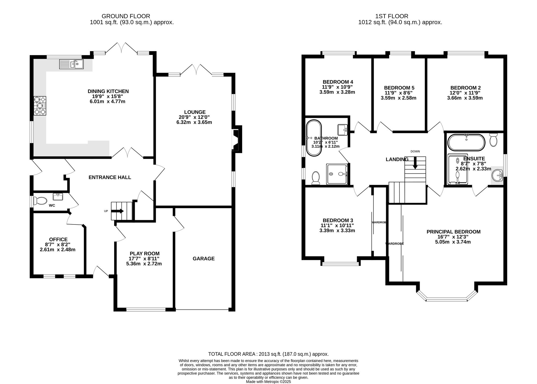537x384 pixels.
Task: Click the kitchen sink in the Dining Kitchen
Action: (71, 64)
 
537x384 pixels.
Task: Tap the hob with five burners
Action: (40, 106)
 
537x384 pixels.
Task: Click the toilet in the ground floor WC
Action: (41, 200)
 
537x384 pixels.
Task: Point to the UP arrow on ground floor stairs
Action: (118, 211)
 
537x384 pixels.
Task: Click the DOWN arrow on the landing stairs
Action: (415, 163)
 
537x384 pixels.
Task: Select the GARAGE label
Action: (204, 259)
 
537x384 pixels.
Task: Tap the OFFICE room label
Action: (58, 239)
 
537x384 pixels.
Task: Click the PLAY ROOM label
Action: (144, 253)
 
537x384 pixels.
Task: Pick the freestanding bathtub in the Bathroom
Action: (314, 138)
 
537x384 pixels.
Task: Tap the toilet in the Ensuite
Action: (493, 140)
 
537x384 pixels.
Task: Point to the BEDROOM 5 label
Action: (399, 88)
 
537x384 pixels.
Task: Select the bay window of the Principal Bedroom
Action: (447, 298)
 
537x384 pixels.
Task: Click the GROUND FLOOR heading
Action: (126, 16)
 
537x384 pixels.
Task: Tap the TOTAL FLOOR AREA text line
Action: (268, 354)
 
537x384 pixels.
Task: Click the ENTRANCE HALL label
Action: (110, 177)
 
